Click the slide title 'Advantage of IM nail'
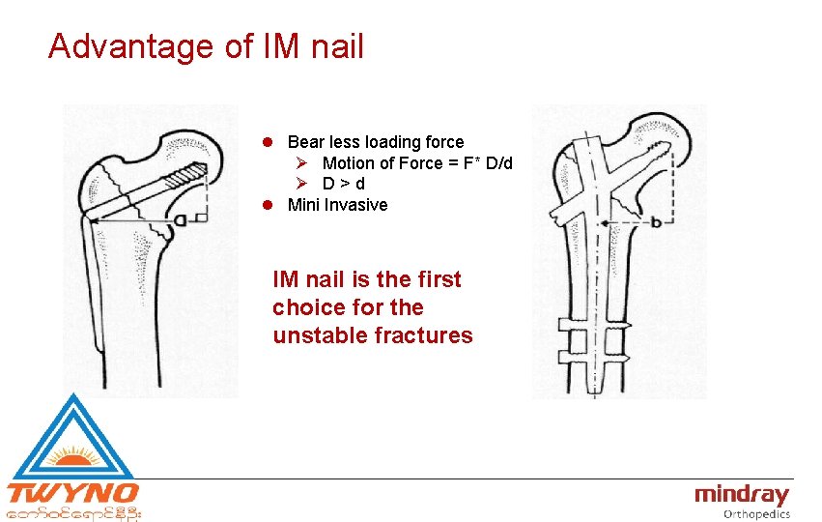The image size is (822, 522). pyautogui.click(x=206, y=45)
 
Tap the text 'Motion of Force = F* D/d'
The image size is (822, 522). pyautogui.click(x=416, y=163)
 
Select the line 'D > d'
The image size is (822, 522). pyautogui.click(x=344, y=184)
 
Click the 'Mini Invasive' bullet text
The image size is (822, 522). pyautogui.click(x=337, y=205)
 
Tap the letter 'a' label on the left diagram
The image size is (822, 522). pyautogui.click(x=180, y=220)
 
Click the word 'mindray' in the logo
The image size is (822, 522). pyautogui.click(x=741, y=496)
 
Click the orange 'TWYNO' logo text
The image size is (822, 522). pyautogui.click(x=72, y=494)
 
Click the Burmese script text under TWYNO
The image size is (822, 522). pyautogui.click(x=74, y=513)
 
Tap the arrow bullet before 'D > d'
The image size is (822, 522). pyautogui.click(x=301, y=184)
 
